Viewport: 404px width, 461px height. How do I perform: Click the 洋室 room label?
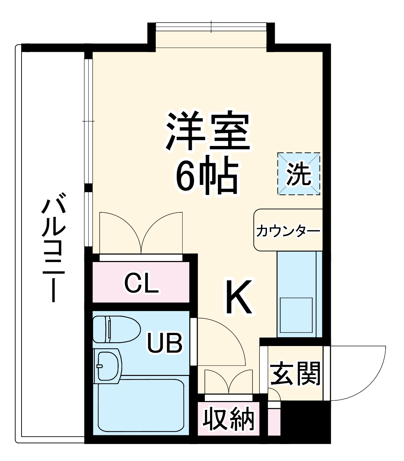[x=208, y=131]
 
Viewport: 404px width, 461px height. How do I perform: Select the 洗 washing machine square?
[x=298, y=174]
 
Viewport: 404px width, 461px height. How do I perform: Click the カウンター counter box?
[x=288, y=230]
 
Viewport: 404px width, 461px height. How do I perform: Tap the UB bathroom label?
[x=165, y=342]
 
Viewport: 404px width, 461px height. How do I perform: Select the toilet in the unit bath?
[x=115, y=329]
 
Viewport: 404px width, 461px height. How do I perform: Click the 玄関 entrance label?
[x=295, y=374]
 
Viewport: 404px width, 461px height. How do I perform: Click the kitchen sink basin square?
[x=296, y=315]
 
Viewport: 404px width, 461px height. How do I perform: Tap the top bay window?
[x=211, y=28]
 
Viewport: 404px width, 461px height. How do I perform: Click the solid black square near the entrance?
[x=305, y=421]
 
